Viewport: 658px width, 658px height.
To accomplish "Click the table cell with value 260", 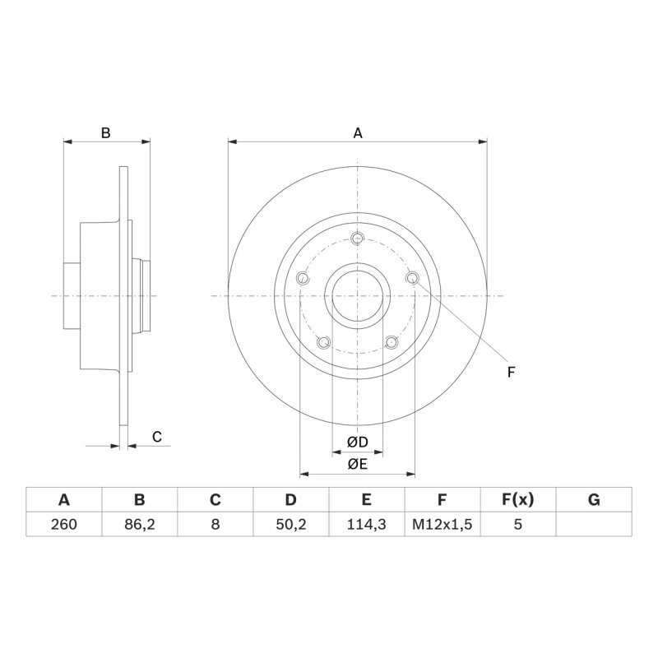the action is (x=64, y=524).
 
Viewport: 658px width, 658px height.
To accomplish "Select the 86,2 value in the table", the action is (x=139, y=524).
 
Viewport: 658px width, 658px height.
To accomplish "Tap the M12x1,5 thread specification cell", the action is (x=443, y=524).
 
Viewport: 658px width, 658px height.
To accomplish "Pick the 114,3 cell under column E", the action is (x=366, y=524).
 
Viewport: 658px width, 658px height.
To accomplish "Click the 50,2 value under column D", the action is (x=291, y=524).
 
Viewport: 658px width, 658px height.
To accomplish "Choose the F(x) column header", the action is (x=518, y=500).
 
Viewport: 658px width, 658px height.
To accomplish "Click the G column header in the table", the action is (x=594, y=500).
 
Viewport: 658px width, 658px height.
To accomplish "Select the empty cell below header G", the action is (x=594, y=524).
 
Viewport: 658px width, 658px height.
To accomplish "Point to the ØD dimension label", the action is (x=358, y=442).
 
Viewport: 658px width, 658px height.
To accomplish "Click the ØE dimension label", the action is (x=358, y=464).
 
